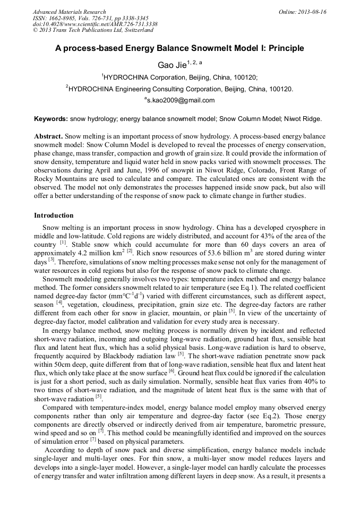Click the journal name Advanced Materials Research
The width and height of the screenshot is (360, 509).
[x=69, y=12]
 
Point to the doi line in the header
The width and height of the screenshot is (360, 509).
[x=95, y=24]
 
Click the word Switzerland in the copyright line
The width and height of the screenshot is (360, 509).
[x=136, y=30]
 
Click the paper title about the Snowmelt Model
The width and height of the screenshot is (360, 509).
[x=179, y=48]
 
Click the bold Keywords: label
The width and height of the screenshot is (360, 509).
[x=51, y=119]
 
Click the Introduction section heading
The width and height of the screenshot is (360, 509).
[x=54, y=215]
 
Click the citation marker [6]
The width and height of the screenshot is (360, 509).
[x=172, y=369]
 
